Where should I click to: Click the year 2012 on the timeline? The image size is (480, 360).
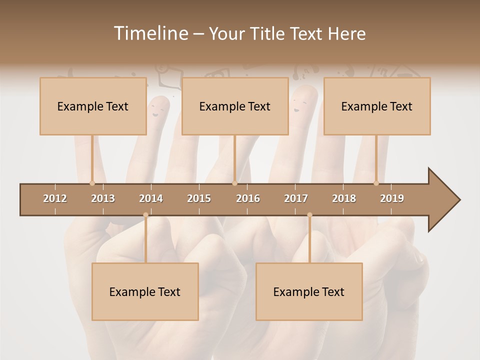[x=55, y=198]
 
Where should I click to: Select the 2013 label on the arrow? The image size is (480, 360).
[x=103, y=198]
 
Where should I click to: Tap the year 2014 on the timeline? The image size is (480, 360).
[x=151, y=198]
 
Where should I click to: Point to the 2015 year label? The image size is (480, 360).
[x=199, y=198]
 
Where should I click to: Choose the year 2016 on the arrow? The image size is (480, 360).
[x=248, y=198]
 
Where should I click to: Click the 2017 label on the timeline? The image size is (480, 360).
[x=296, y=198]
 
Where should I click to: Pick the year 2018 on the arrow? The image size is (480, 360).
[x=344, y=198]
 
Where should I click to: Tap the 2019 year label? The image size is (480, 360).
[x=392, y=198]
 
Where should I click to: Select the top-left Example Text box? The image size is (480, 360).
[x=93, y=106]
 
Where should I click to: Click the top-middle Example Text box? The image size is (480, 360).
[x=235, y=106]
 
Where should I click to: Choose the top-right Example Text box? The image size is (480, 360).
[x=377, y=106]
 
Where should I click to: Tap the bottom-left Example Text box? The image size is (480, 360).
[x=145, y=292]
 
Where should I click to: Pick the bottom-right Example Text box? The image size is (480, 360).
[x=309, y=292]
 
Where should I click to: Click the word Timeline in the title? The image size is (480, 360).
[x=150, y=33]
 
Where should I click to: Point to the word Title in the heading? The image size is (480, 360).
[x=268, y=34]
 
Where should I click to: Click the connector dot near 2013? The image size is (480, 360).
[x=92, y=183]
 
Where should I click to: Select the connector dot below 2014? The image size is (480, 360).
[x=145, y=215]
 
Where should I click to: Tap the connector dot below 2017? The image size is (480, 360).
[x=309, y=215]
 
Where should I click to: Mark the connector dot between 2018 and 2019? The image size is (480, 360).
[x=376, y=183]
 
